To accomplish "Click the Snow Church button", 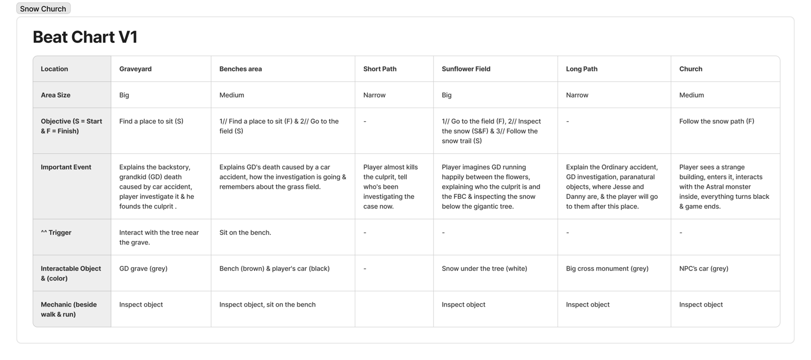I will tap(43, 9).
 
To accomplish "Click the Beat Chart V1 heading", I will tap(85, 37).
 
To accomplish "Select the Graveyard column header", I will tap(135, 69).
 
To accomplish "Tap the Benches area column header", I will tap(240, 69).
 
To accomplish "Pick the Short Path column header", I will tap(380, 69).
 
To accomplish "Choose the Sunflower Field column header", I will tap(466, 69).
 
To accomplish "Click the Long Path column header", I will tap(581, 69).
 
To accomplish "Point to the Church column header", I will tap(690, 69).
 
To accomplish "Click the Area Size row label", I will tap(56, 95).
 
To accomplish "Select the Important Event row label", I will tap(66, 167).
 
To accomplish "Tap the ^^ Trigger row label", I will tap(56, 233).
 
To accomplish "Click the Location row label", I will tap(54, 69).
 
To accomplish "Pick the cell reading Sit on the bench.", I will tap(245, 233).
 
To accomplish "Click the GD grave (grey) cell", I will tap(143, 269).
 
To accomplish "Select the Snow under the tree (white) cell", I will tap(484, 269).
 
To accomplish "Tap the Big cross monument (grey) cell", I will tap(607, 269).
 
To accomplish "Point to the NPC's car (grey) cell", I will tap(703, 269).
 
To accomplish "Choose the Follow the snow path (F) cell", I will tap(716, 121).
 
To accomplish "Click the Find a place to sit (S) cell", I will tap(151, 121).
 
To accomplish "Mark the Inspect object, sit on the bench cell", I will tap(268, 305).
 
